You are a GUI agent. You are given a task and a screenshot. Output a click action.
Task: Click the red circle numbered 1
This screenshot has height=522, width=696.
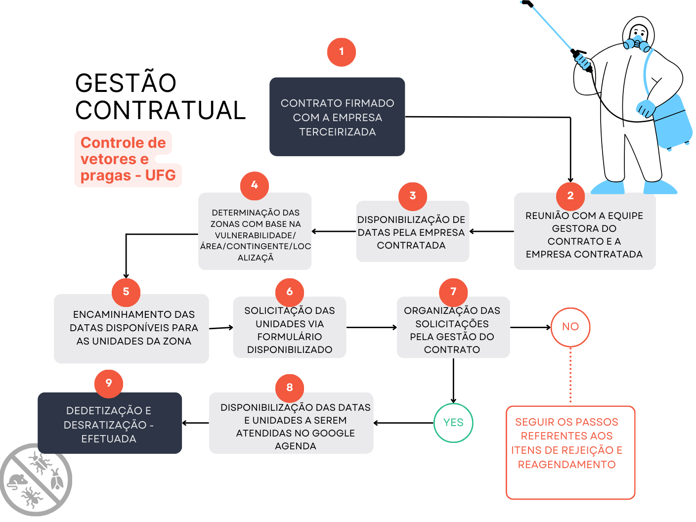click(341, 52)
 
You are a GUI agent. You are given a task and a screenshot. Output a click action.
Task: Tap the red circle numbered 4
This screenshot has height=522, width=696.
click(254, 185)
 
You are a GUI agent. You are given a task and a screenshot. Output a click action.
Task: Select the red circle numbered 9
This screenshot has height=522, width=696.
click(109, 383)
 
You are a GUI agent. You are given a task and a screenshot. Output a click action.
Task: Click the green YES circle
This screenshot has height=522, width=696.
click(453, 423)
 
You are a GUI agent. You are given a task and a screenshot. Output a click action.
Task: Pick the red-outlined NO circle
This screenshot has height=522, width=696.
click(570, 327)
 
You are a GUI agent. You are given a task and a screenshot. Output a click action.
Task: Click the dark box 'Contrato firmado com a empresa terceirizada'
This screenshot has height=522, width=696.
click(337, 117)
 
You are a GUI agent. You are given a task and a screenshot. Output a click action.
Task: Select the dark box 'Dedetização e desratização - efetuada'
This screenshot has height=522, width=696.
click(109, 424)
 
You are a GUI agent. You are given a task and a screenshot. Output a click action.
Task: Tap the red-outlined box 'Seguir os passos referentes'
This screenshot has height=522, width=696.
click(570, 452)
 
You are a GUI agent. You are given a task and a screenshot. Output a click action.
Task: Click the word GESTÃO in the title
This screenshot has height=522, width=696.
click(126, 83)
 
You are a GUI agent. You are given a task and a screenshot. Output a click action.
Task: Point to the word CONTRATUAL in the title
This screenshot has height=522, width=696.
click(161, 110)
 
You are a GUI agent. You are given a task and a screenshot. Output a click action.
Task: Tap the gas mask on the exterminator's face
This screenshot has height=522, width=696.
click(638, 43)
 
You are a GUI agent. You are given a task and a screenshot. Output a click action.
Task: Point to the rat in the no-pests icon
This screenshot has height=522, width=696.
click(18, 481)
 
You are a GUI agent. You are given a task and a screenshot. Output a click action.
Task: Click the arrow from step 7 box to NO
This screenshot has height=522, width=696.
click(530, 327)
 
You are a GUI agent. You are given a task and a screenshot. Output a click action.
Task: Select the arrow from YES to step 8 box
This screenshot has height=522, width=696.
click(403, 423)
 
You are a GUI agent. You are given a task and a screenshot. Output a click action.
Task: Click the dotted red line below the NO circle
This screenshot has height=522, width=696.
click(570, 376)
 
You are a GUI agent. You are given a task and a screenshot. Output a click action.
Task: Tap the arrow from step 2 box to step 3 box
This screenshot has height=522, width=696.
click(491, 231)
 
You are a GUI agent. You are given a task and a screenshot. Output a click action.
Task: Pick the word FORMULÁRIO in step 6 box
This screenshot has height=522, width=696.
click(290, 337)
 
